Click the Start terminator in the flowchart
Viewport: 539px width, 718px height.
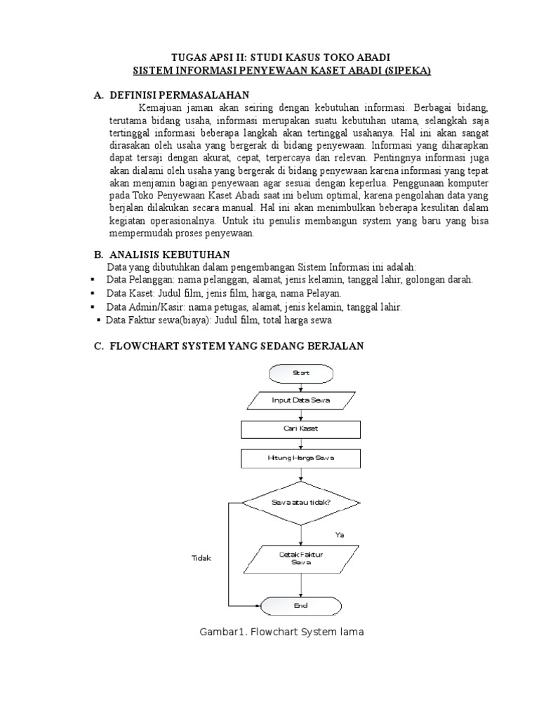point(301,373)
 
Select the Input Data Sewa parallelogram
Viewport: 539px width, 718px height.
point(301,401)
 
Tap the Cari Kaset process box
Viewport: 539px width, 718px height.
point(301,428)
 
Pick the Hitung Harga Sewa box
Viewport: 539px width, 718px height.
point(301,458)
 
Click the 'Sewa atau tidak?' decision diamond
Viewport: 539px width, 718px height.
point(301,502)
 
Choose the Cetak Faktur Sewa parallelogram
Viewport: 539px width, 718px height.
point(301,558)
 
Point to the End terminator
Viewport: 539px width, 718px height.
point(301,604)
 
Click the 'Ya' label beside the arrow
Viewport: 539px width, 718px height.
point(340,535)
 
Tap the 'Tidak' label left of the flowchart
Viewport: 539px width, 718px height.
point(201,558)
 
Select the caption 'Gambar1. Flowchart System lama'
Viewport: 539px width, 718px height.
point(281,632)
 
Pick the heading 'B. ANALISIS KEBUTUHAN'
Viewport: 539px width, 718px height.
point(161,254)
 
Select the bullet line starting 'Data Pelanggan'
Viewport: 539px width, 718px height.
point(289,279)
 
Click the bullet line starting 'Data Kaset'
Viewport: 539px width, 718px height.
point(224,292)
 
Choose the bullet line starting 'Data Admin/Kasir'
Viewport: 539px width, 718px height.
point(253,307)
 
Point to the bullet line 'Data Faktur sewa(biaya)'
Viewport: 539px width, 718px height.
point(218,320)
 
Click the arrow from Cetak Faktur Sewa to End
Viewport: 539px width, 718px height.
point(301,583)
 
